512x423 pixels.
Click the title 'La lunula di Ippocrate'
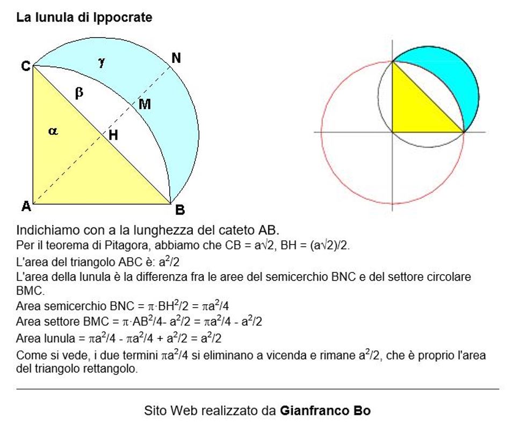(x=84, y=18)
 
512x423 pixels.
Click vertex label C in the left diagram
(x=25, y=66)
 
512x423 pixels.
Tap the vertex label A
(x=25, y=205)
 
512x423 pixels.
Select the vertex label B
(x=180, y=210)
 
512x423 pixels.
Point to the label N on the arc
(x=176, y=58)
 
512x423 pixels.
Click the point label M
(x=145, y=104)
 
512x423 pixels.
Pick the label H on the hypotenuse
(x=113, y=135)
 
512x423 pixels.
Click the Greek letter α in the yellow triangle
(x=53, y=131)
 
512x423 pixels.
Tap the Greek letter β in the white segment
(x=79, y=93)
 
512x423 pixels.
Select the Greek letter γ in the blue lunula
(x=102, y=62)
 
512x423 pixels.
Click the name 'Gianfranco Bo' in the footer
(x=325, y=411)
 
